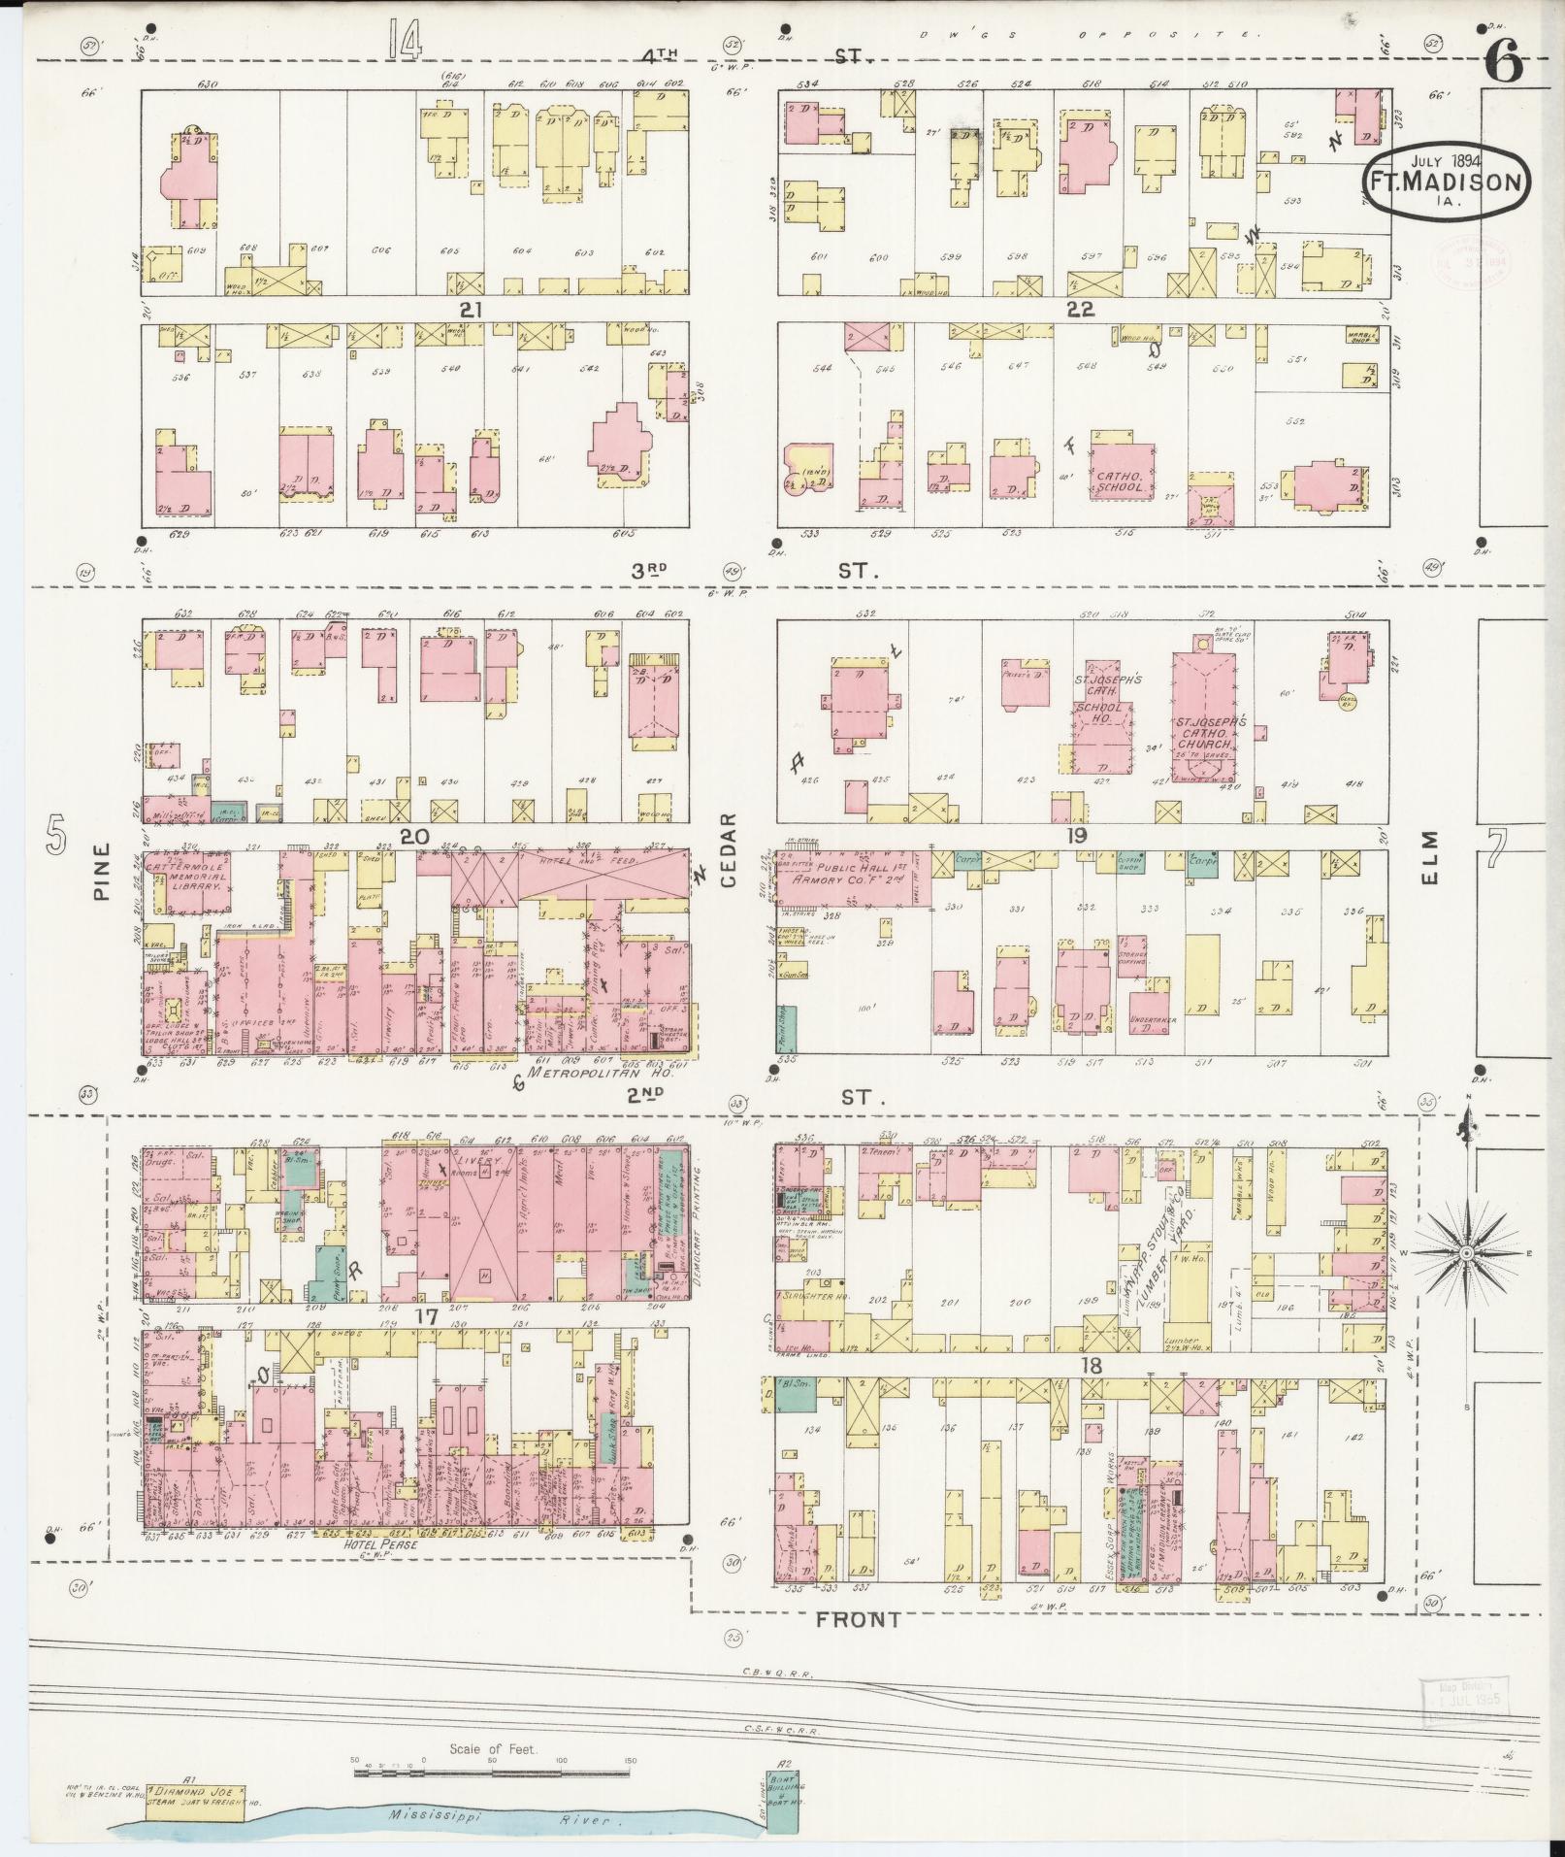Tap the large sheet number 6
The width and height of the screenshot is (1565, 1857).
(x=1504, y=66)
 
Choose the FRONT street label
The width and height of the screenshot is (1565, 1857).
(x=858, y=1619)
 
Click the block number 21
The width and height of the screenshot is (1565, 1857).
(x=472, y=310)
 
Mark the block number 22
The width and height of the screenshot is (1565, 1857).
(x=1080, y=310)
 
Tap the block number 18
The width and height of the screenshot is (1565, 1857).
(x=1092, y=1366)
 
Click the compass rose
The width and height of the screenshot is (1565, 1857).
(x=1466, y=1254)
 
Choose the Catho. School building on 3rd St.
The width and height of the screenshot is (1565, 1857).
(x=1122, y=474)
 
